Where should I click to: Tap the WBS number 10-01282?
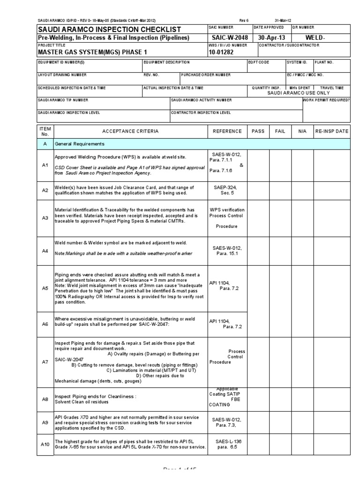221,52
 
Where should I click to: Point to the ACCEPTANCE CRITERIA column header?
130,132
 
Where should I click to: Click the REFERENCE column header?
227,132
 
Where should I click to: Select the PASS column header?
258,132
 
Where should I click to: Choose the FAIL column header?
280,132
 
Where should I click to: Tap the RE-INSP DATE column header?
332,132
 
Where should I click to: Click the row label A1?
45,165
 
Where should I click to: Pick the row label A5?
45,288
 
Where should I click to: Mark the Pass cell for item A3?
258,218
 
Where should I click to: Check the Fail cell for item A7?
280,362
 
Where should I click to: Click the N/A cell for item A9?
302,422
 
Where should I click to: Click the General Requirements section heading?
80,144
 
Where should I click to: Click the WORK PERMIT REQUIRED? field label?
326,100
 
